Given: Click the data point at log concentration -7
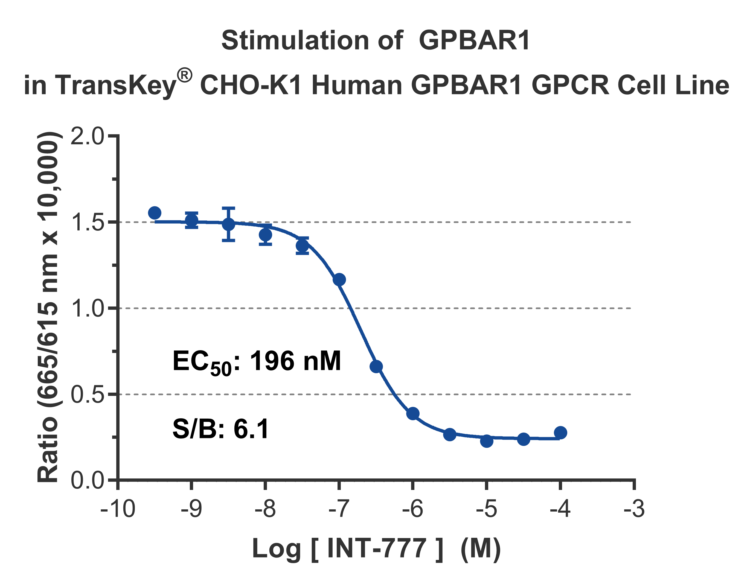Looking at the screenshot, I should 339,279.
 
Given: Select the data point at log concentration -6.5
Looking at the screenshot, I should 376,366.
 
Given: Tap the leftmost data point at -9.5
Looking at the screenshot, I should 155,213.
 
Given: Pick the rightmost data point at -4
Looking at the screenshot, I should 561,433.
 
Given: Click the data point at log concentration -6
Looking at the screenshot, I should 413,413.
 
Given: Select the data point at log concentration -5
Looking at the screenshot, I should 487,440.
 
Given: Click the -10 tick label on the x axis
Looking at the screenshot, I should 118,509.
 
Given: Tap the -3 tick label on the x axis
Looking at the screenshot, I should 634,509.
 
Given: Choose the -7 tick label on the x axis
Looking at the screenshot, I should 339,509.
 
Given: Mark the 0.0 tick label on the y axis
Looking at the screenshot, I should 87,480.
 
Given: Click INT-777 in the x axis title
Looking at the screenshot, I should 377,548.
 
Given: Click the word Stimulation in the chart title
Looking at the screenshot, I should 295,41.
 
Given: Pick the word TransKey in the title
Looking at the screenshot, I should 115,85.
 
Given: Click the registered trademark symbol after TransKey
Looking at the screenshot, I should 184,76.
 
